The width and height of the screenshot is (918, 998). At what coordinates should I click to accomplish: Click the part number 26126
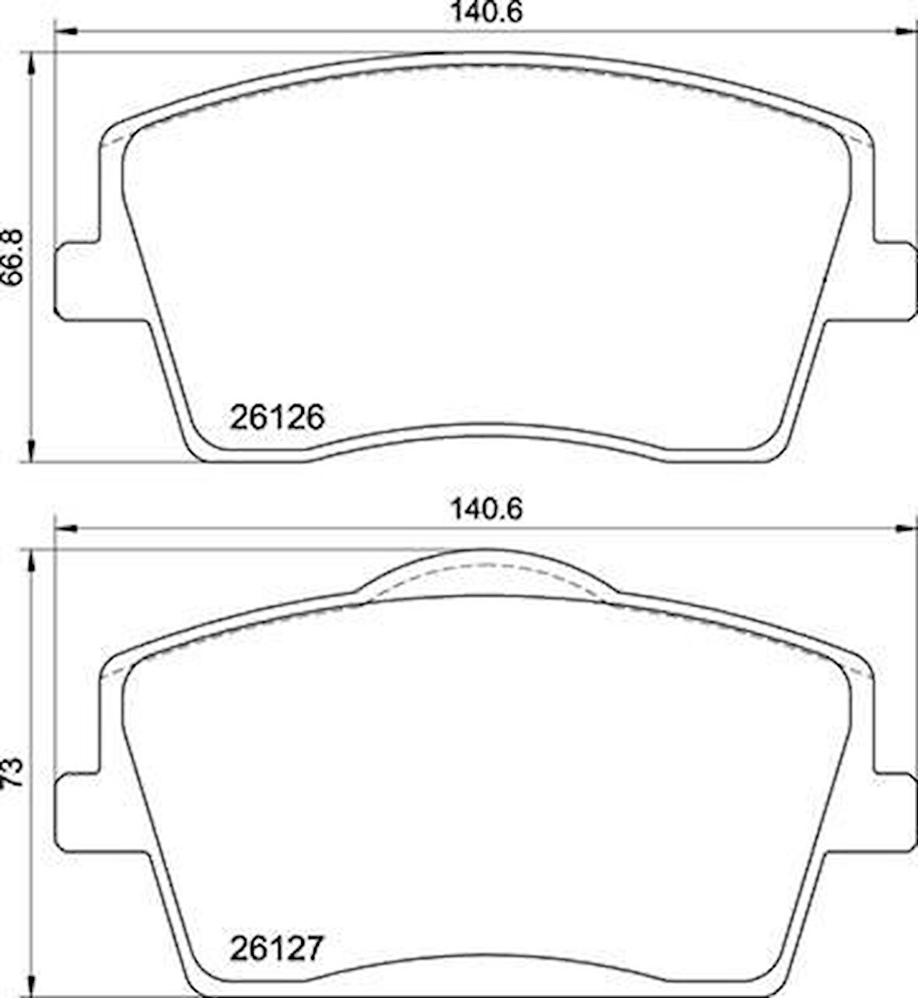[x=276, y=418]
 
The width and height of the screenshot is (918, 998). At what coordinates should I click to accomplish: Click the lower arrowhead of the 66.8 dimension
[x=31, y=451]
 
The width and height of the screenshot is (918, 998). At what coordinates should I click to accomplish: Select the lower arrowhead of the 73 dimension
[x=31, y=986]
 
